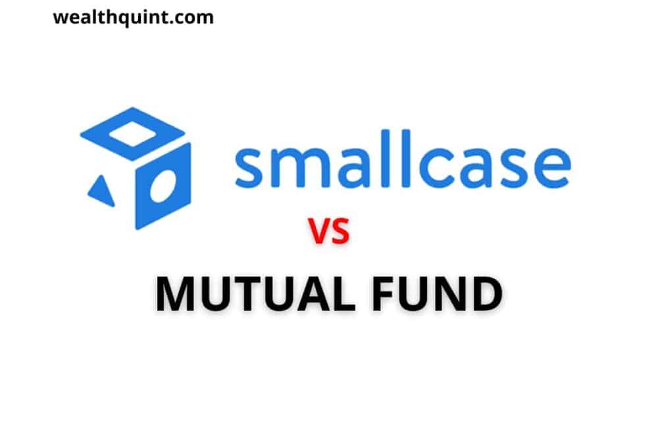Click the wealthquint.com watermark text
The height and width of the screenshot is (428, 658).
[x=133, y=17]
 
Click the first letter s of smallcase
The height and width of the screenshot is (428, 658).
[x=251, y=168]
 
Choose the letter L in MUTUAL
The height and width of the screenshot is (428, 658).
[x=352, y=295]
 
